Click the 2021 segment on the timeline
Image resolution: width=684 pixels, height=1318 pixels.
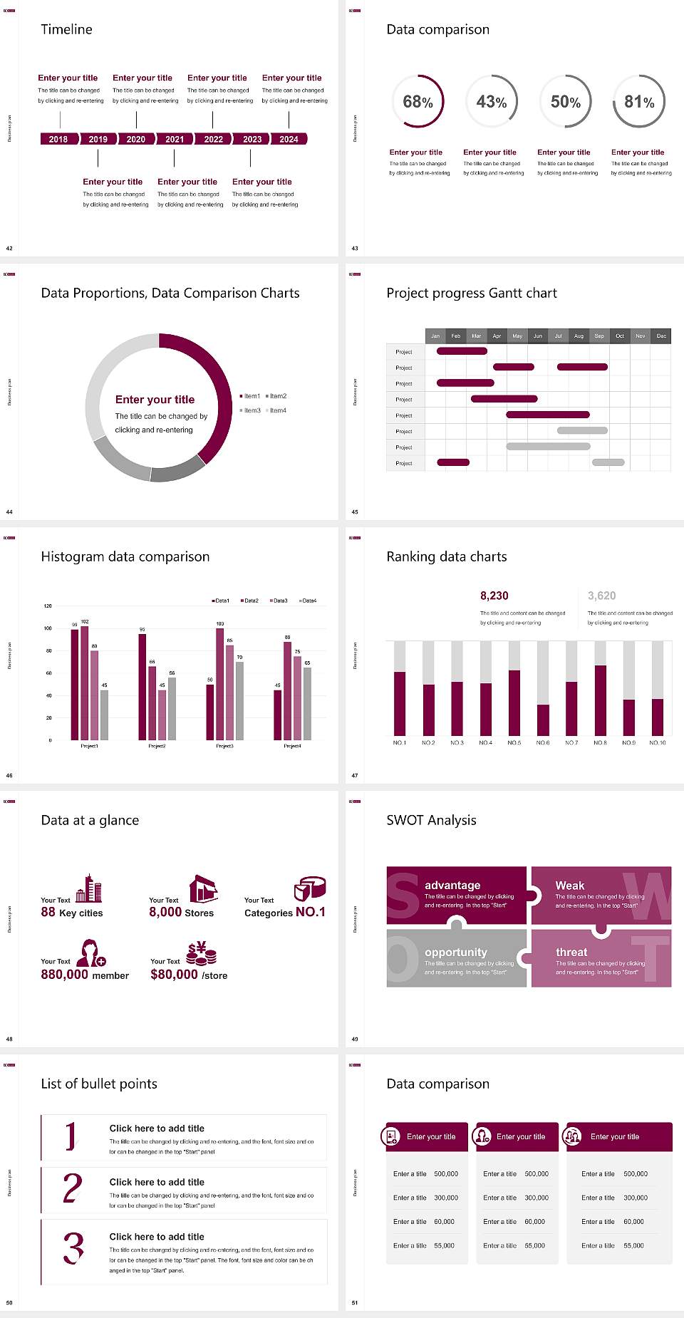click(175, 139)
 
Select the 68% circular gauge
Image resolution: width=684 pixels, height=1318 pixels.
click(418, 102)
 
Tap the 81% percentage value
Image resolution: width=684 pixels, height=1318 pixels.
click(639, 102)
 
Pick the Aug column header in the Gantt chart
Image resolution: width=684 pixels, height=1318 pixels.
click(579, 336)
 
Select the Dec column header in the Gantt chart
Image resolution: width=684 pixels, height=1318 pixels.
click(661, 336)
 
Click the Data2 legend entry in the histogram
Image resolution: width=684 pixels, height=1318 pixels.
click(249, 601)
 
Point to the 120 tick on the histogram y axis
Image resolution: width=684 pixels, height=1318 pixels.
click(48, 606)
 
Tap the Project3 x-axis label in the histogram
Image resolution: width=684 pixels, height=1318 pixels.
click(224, 746)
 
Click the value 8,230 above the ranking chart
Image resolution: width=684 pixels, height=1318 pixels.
click(494, 596)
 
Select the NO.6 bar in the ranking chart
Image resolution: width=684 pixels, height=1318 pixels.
click(543, 720)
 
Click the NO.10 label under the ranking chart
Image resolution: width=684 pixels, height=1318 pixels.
click(657, 742)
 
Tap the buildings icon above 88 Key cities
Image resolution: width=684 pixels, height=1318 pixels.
click(89, 888)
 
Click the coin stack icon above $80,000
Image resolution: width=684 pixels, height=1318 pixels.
click(201, 953)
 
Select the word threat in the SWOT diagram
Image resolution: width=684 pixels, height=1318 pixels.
click(571, 952)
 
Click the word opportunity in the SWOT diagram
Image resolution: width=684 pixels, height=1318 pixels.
click(455, 952)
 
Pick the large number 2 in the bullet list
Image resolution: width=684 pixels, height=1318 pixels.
click(72, 1188)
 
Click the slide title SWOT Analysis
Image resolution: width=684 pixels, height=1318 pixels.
click(431, 820)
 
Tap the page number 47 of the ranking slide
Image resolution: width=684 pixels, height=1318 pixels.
click(355, 775)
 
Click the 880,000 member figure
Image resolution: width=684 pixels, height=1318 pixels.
click(85, 975)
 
